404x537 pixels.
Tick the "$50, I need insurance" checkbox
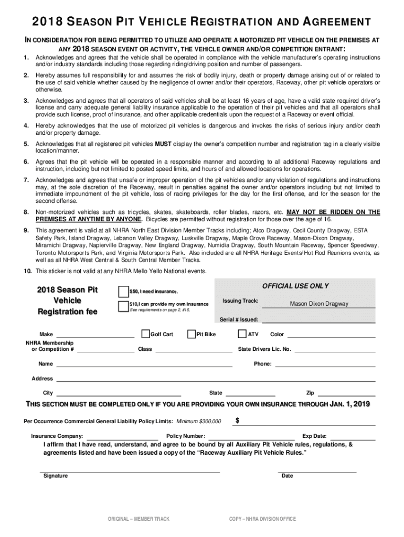click(123, 291)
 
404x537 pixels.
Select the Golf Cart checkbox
click(145, 334)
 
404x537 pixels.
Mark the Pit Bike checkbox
click(192, 334)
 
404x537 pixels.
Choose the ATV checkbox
click(242, 334)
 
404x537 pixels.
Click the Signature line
click(130, 471)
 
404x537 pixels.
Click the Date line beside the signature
click(317, 471)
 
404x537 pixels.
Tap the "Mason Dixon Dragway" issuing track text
click(319, 304)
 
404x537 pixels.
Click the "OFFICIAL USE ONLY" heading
click(295, 286)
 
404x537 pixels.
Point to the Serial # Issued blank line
click(318, 320)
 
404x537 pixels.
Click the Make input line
click(95, 336)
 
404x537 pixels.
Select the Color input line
click(331, 336)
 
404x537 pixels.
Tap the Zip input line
click(347, 395)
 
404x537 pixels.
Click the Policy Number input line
click(252, 438)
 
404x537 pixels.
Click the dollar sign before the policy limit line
click(238, 421)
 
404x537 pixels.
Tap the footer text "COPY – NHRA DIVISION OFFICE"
click(262, 519)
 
